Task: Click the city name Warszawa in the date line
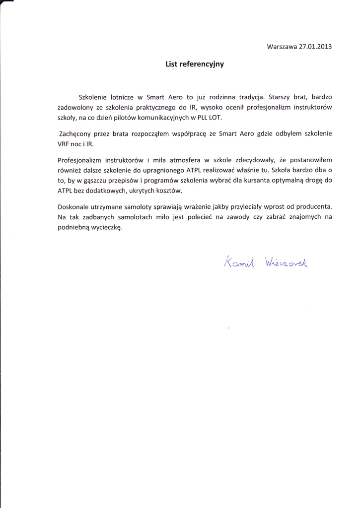282,47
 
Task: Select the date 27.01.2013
315,47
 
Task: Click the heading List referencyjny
195,64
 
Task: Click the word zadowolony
74,107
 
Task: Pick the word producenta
313,206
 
